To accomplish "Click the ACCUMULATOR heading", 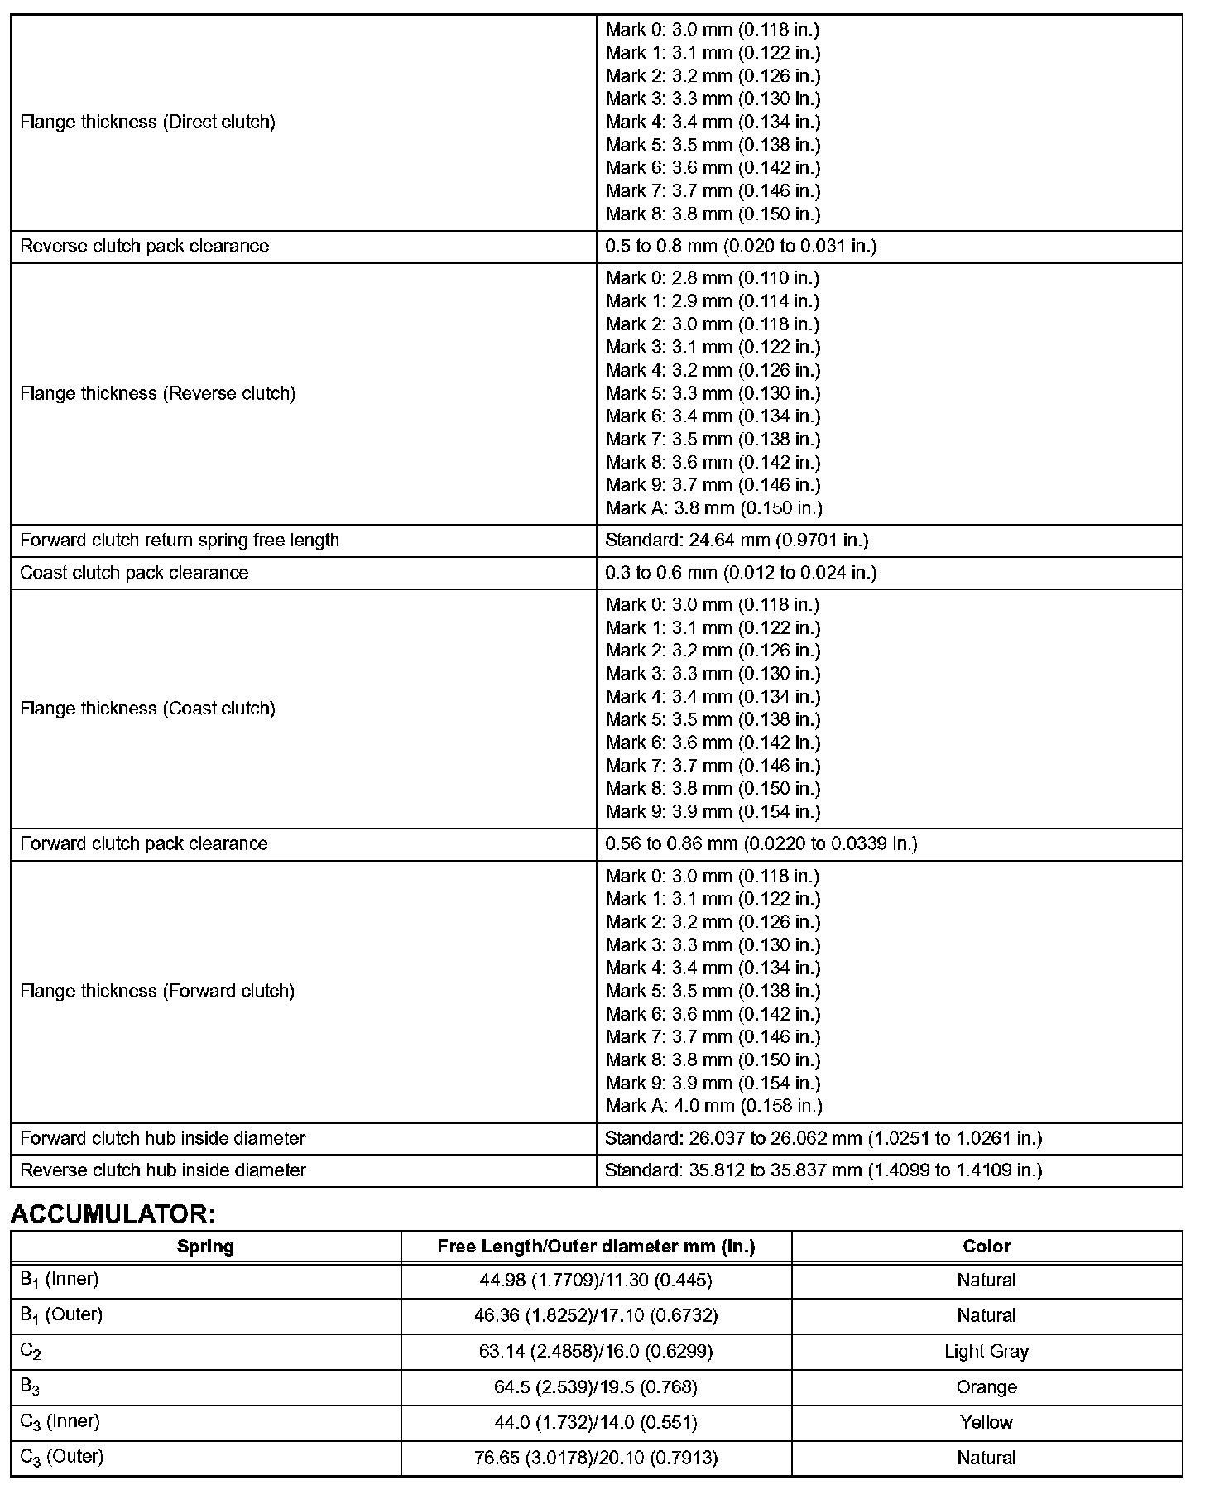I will pos(113,1214).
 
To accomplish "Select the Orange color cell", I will pos(986,1386).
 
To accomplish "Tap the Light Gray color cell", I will pos(986,1351).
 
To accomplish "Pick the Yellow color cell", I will pos(986,1422).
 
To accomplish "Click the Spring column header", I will pos(205,1246).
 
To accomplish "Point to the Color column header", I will pos(986,1246).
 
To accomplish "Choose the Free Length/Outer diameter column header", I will pos(596,1246).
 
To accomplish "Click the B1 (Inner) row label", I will pos(60,1280).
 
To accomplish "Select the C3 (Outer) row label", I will pos(62,1458).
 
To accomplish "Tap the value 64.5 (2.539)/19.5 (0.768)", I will pos(596,1386).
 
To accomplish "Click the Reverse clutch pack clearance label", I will pos(145,246).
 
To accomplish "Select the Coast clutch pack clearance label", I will pos(134,572).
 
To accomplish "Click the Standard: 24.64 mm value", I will pos(737,540).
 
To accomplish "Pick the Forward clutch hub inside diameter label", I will pos(163,1138).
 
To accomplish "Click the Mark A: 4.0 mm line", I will pos(713,1105).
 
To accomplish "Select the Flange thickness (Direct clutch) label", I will pos(147,122).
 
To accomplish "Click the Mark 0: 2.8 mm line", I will pos(713,277).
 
